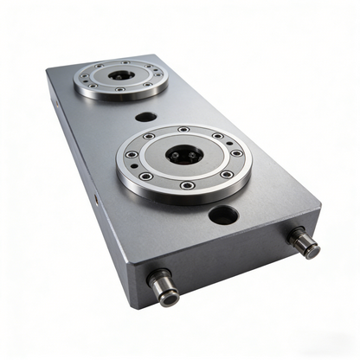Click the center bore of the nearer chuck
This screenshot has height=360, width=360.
point(183,157)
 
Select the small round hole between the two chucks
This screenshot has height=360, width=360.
point(145,116)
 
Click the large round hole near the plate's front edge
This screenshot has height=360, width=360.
point(222,214)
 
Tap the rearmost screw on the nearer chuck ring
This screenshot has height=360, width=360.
point(183,130)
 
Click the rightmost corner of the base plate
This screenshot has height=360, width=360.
point(321,210)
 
